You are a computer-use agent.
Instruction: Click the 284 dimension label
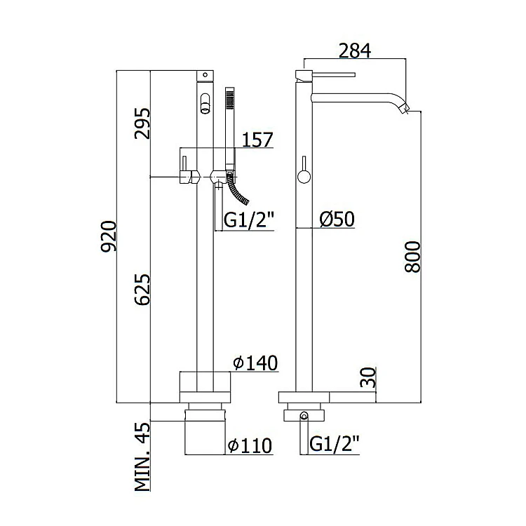pyautogui.click(x=355, y=50)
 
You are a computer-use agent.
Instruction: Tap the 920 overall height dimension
pyautogui.click(x=109, y=236)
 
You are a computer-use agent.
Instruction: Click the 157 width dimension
pyautogui.click(x=257, y=140)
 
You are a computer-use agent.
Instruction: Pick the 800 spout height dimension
pyautogui.click(x=412, y=257)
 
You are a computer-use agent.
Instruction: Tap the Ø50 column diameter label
pyautogui.click(x=337, y=219)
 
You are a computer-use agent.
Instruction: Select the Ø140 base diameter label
pyautogui.click(x=255, y=363)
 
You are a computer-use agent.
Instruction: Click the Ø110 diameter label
pyautogui.click(x=250, y=446)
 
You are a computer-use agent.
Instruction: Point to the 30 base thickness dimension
pyautogui.click(x=368, y=377)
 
